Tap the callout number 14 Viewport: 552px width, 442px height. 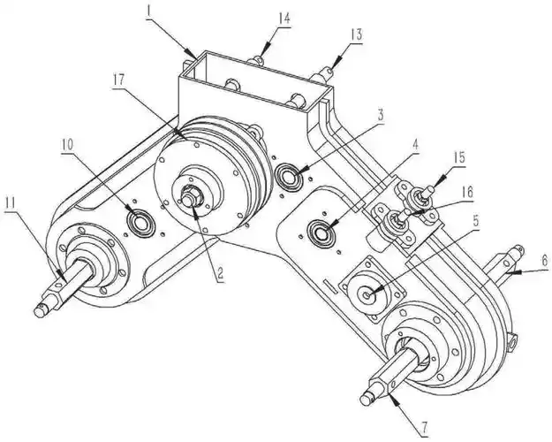284,18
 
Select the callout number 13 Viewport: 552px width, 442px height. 356,34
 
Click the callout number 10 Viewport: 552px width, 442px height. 68,144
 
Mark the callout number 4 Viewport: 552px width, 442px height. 415,144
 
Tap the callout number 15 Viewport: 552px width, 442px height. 458,157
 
